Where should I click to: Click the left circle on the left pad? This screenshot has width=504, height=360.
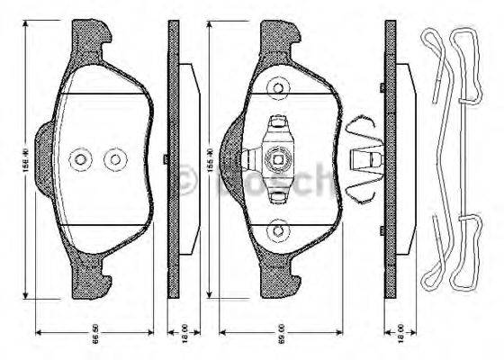point(81,160)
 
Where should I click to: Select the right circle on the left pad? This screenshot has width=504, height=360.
point(114,160)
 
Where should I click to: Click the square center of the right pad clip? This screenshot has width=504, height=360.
point(280,162)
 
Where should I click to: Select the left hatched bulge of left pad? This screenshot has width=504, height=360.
point(43,162)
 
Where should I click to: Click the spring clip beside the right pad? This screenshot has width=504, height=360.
point(364,161)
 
